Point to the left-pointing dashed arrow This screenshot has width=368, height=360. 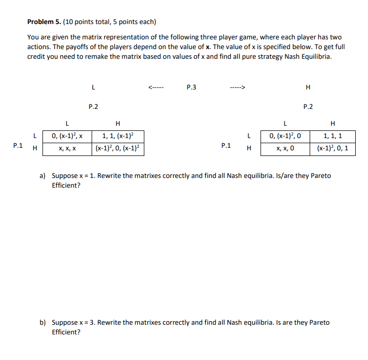[x=156, y=87]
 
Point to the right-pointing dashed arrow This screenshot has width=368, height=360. [x=238, y=87]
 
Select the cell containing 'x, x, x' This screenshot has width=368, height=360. [x=67, y=149]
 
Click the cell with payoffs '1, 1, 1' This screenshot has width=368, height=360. [x=333, y=137]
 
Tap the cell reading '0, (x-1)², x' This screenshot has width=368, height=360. [x=67, y=137]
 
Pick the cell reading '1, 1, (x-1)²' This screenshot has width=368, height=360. [x=118, y=137]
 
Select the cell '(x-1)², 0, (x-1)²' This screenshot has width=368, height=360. [x=118, y=149]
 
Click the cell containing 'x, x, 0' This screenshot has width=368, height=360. [x=285, y=149]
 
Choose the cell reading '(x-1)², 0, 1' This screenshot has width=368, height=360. [x=333, y=149]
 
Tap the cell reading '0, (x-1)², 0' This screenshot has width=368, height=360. [x=285, y=137]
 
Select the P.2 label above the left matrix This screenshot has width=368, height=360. [x=93, y=107]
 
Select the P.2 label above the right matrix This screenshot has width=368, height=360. [x=308, y=107]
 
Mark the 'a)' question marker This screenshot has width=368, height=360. [x=43, y=176]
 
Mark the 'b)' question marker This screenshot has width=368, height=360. [x=43, y=323]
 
